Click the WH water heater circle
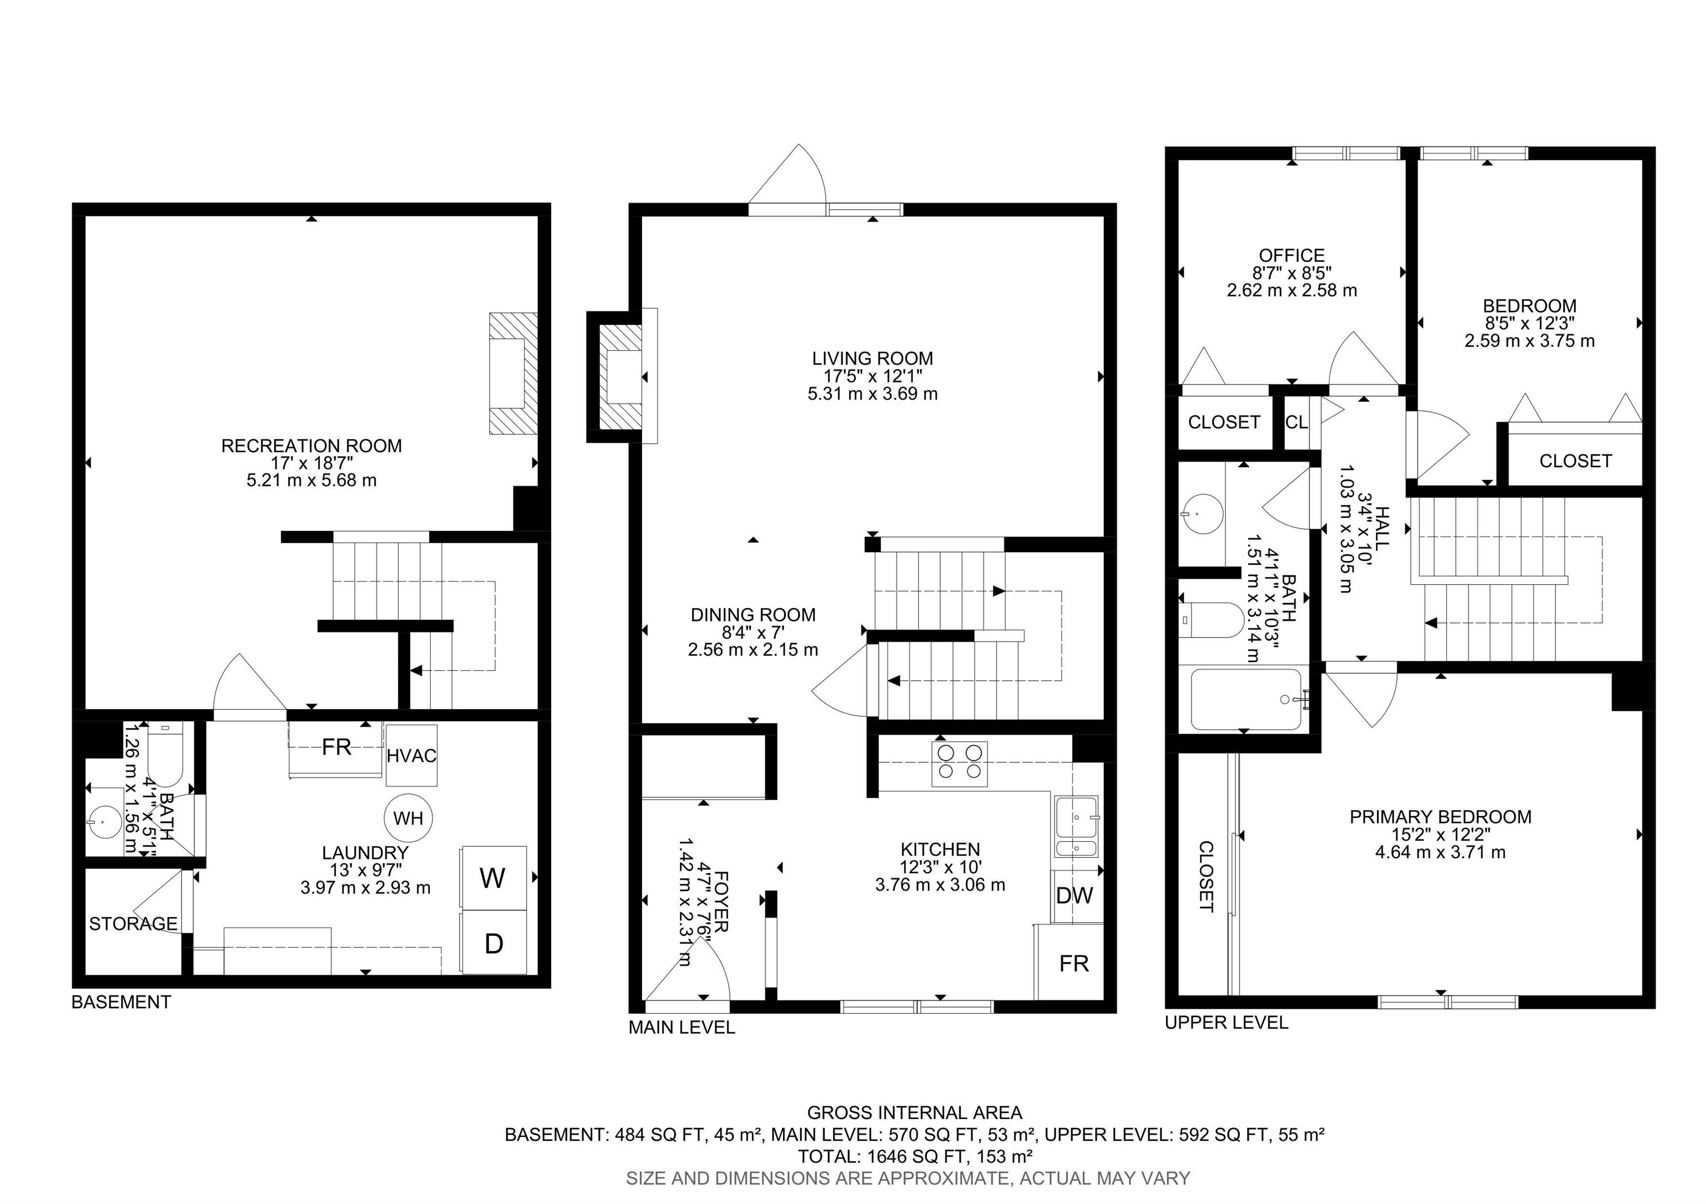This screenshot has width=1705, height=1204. [x=408, y=818]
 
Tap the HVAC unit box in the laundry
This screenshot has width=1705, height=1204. [x=411, y=755]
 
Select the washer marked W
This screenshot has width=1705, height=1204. [x=494, y=879]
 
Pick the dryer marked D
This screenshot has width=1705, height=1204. [x=494, y=943]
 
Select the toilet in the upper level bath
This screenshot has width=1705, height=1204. [x=1210, y=620]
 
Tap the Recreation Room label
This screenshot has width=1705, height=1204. [x=311, y=446]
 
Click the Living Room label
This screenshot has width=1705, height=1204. [x=872, y=358]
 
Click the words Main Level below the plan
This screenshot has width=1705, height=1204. [x=682, y=1028]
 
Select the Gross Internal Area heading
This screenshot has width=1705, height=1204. [x=915, y=1112]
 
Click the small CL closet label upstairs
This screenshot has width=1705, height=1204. [x=1297, y=422]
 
